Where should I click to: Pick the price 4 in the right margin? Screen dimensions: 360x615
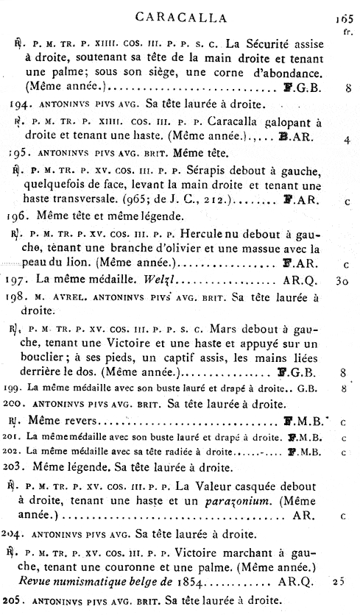click(345, 138)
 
